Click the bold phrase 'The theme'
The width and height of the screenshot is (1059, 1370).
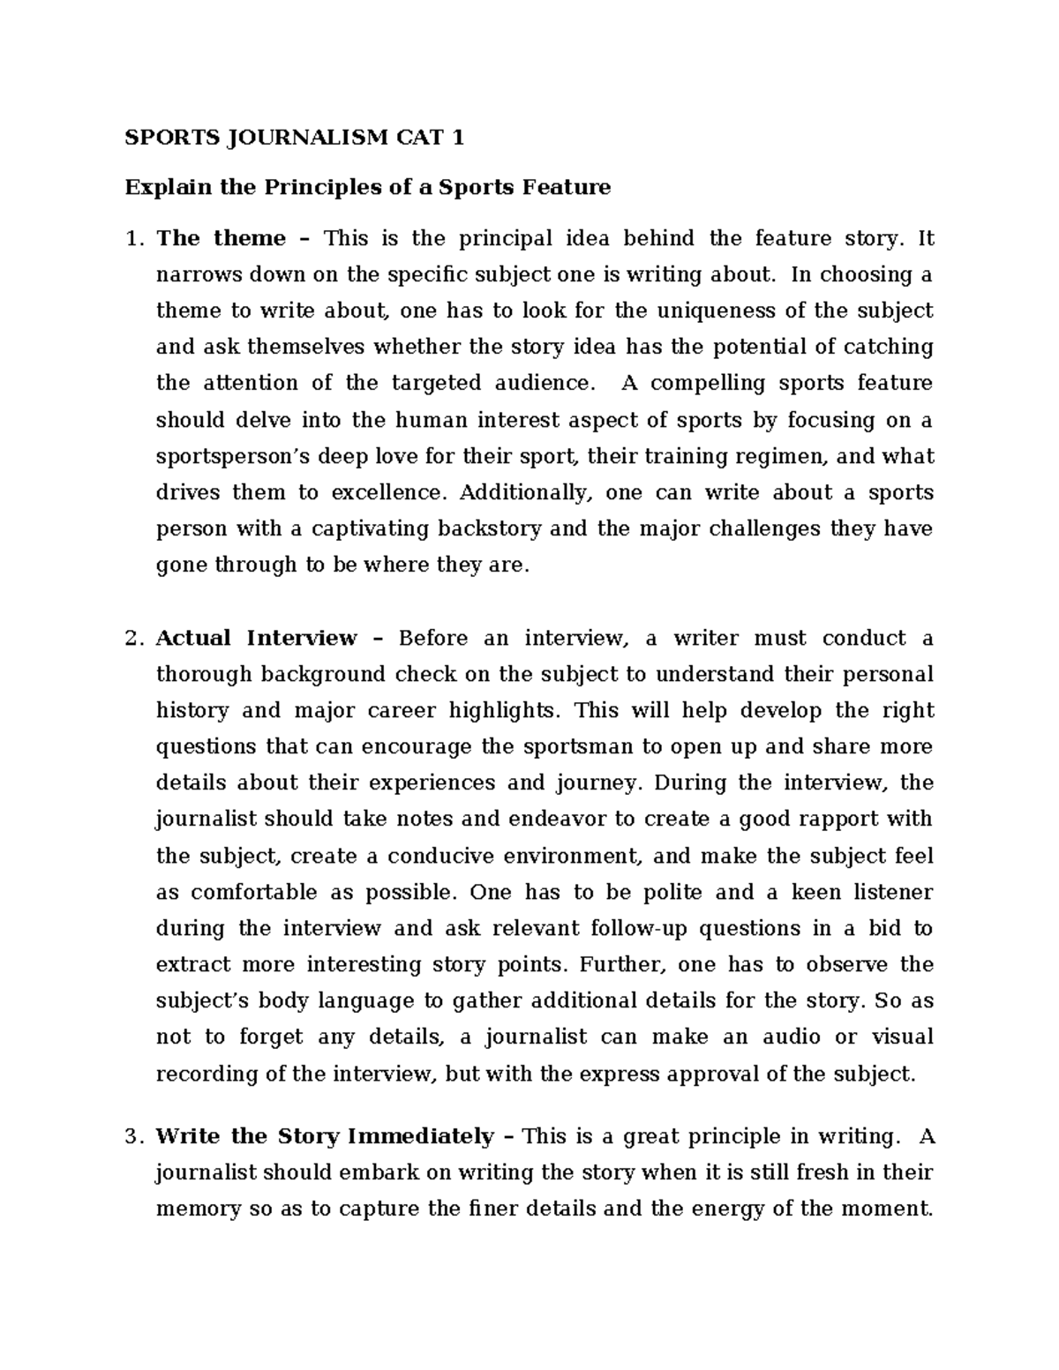221,239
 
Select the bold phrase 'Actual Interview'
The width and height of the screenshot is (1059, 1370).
256,639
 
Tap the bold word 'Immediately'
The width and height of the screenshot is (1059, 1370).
420,1137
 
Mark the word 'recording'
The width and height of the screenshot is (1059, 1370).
208,1074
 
